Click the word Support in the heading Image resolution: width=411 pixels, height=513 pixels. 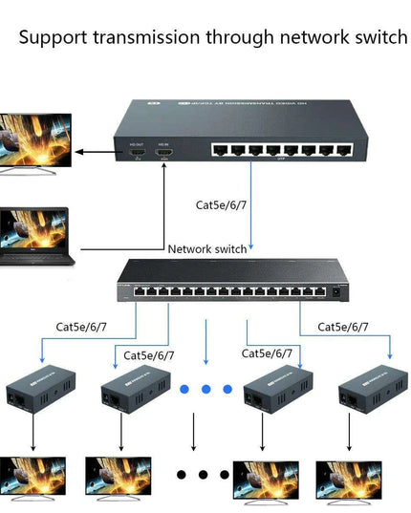tap(53, 38)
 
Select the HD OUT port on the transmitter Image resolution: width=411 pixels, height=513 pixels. tap(136, 152)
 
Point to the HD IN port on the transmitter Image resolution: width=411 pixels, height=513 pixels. tap(163, 152)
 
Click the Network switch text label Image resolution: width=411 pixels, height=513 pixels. tap(207, 249)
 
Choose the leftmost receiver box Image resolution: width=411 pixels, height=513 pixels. tap(33, 393)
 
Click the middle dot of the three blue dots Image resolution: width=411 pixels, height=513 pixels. tap(205, 389)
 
